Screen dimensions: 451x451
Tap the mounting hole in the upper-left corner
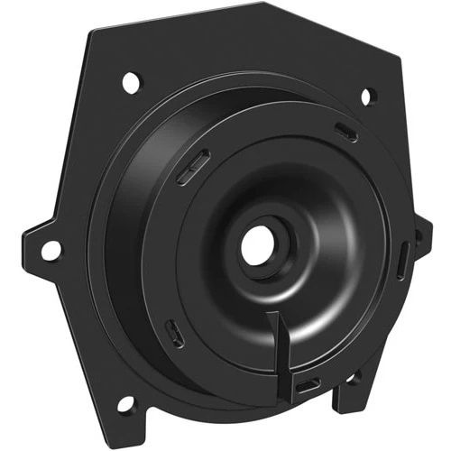click(131, 82)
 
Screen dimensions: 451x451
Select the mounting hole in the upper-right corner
click(367, 96)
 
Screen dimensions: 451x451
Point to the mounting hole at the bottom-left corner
click(124, 402)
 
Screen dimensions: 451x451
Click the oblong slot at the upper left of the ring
click(194, 166)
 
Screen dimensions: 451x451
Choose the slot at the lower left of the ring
click(175, 333)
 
